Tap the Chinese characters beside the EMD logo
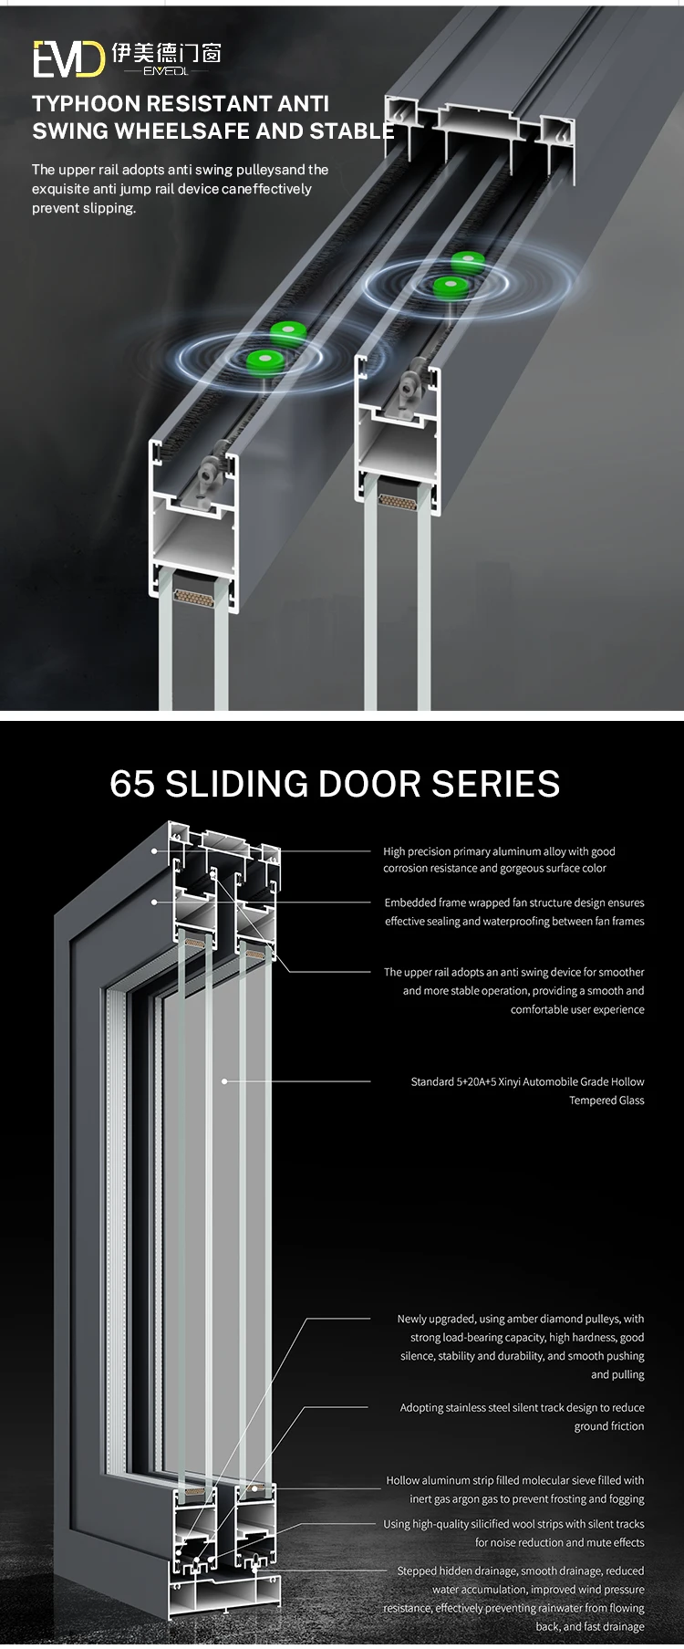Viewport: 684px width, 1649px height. pyautogui.click(x=167, y=53)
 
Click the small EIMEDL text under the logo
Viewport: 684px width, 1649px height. pyautogui.click(x=166, y=71)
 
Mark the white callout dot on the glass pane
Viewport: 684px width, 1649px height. pyautogui.click(x=224, y=1081)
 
